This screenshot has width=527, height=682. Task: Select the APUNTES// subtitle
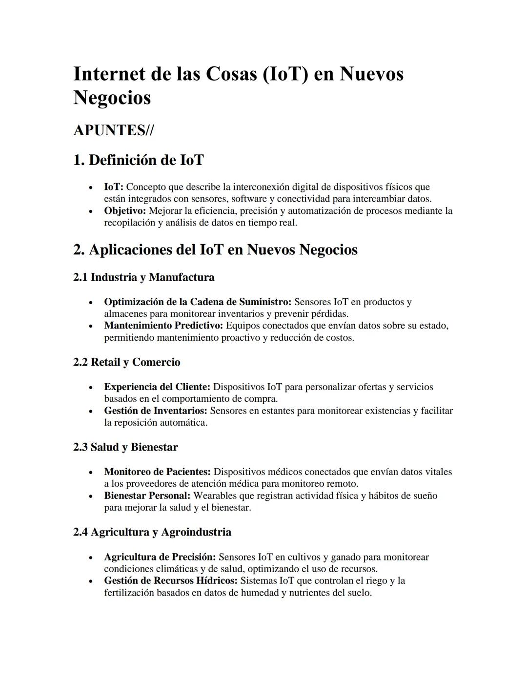113,130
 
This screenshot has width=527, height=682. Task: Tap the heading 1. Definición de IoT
138,160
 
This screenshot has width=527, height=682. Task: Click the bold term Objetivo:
125,211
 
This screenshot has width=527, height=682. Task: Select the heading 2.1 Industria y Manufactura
143,277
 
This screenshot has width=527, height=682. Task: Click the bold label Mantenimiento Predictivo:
163,326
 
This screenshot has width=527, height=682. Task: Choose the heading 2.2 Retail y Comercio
126,362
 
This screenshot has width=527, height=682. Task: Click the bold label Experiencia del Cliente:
157,387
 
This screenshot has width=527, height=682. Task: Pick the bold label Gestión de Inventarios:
156,411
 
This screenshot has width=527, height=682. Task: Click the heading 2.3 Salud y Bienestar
125,447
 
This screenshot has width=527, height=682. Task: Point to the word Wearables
217,496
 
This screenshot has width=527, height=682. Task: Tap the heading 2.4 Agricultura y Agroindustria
152,532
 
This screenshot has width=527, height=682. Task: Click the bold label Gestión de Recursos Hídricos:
171,581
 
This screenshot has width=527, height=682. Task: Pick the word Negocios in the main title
112,98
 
